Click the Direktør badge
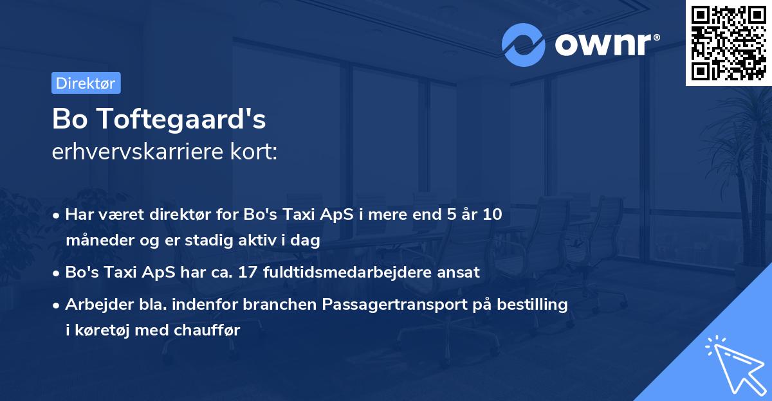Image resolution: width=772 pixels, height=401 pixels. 86,83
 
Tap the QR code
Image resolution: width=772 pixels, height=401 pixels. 728,42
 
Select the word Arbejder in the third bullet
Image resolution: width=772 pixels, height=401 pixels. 93,305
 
